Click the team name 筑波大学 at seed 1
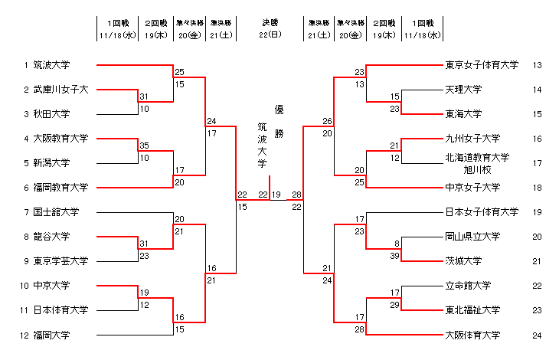[51, 65]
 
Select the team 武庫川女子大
[60, 90]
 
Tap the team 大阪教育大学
[60, 139]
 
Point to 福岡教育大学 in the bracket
[60, 188]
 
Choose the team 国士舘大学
[56, 212]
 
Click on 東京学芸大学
[60, 261]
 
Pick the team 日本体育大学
[60, 310]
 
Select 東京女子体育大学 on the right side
[482, 65]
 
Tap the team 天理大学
[463, 90]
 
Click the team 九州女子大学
[472, 139]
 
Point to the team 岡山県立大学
[472, 237]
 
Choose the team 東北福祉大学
[472, 310]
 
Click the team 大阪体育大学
[472, 335]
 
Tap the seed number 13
[537, 65]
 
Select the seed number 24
[537, 335]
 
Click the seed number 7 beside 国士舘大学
[26, 212]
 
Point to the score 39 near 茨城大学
[395, 255]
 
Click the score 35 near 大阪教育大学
[144, 145]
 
